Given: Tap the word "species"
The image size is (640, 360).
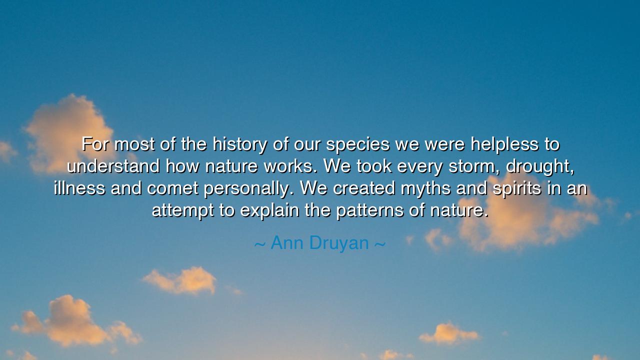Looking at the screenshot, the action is [x=357, y=145].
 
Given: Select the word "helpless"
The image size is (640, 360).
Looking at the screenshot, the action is [x=504, y=144].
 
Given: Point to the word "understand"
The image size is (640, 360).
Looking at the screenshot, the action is [x=113, y=166].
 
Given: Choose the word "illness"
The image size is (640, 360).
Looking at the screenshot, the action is [x=79, y=188].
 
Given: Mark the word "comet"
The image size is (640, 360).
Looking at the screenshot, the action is [x=172, y=188].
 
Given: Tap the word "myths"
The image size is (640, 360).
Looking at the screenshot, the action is [x=425, y=188].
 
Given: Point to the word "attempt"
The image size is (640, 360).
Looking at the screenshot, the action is [x=183, y=211].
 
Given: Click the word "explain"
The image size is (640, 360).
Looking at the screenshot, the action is [x=269, y=211].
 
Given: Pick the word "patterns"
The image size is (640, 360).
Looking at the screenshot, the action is [x=369, y=211].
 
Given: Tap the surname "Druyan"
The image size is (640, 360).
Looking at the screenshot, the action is [x=339, y=243].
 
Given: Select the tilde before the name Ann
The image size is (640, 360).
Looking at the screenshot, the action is [x=259, y=244].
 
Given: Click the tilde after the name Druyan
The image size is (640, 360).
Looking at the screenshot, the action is [x=380, y=244].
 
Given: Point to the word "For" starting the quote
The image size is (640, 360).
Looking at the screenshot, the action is [x=95, y=144].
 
